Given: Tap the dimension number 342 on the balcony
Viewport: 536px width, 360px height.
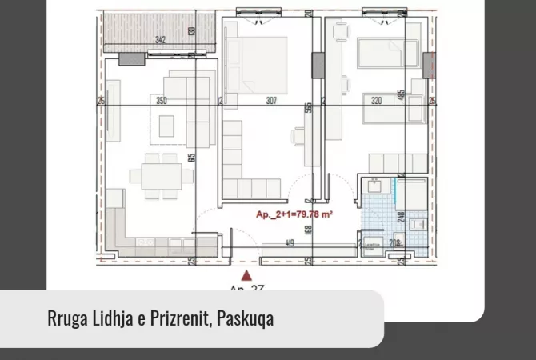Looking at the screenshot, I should pos(161,38).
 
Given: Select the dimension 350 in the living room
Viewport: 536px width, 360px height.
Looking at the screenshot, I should pos(162,101).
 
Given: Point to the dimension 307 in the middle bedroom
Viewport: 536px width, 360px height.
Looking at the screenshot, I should pos(271,101).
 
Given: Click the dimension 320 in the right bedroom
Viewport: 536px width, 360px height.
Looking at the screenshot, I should pos(377,101).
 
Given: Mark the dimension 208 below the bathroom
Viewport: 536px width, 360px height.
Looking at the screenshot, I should pos(394,243).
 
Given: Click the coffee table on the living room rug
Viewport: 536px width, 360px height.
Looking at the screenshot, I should pos(167,125).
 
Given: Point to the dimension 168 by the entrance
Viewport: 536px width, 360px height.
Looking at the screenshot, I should pos(309,230).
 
